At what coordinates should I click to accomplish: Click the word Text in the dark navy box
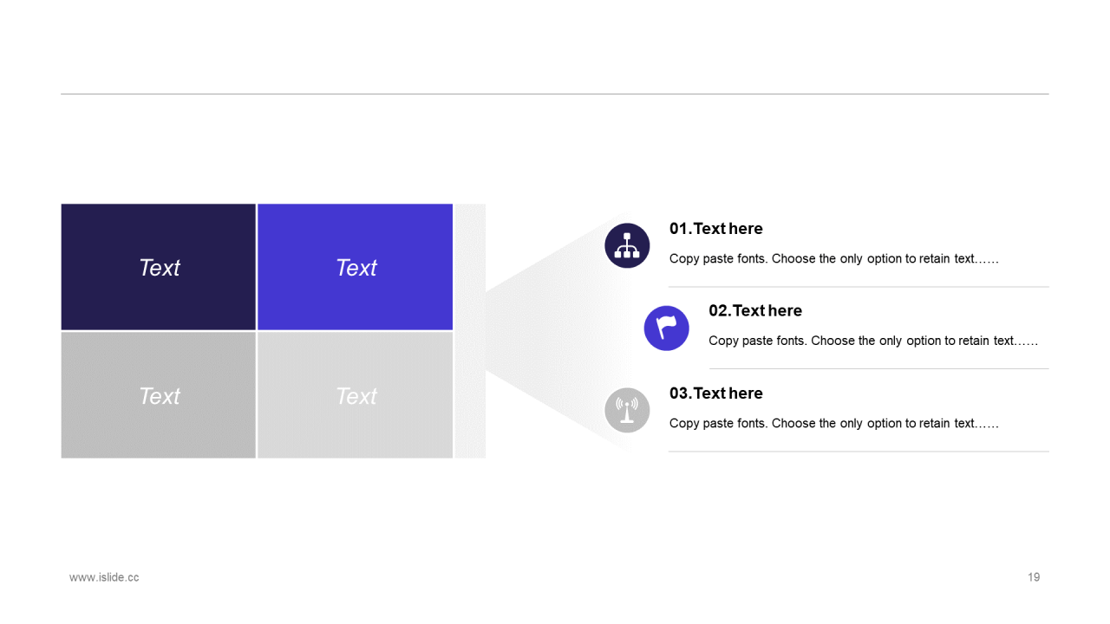(x=159, y=268)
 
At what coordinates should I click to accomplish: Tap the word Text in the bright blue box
(x=356, y=268)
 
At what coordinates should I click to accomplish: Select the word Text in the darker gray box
(x=159, y=396)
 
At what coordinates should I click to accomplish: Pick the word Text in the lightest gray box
(x=356, y=396)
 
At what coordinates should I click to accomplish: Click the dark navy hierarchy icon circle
(x=627, y=245)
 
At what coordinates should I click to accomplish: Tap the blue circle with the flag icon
(x=667, y=328)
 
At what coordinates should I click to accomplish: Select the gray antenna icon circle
(x=627, y=410)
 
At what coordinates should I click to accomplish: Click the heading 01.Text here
(x=716, y=228)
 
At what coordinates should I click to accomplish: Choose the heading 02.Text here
(x=755, y=310)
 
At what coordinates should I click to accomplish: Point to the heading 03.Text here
(x=716, y=393)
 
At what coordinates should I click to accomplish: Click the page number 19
(x=1034, y=577)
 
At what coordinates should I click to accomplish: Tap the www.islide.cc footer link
(x=104, y=577)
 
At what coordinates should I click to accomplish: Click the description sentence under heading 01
(x=834, y=258)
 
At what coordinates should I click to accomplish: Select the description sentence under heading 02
(x=873, y=341)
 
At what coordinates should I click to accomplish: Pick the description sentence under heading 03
(x=834, y=424)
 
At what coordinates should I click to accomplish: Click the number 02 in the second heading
(x=719, y=310)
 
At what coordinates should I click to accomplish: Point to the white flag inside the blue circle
(x=666, y=327)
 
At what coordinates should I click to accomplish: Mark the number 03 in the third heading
(x=679, y=393)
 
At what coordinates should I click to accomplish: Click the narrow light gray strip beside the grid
(x=470, y=331)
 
